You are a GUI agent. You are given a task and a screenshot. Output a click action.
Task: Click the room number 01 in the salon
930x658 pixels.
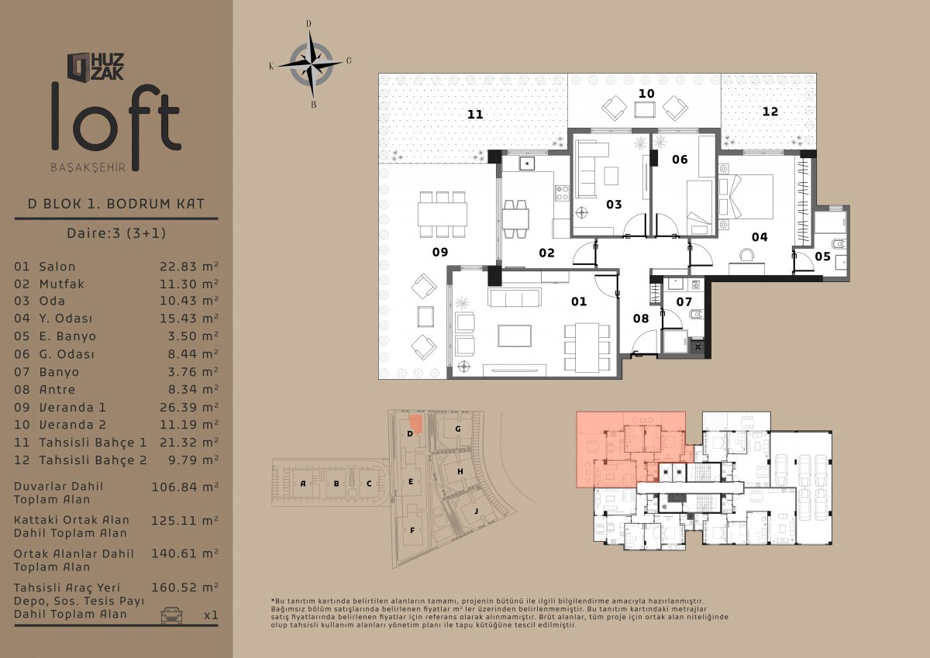click(579, 301)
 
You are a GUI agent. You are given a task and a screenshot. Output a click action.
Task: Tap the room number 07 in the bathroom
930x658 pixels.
click(684, 301)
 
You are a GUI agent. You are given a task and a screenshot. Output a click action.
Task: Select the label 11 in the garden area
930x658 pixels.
click(475, 114)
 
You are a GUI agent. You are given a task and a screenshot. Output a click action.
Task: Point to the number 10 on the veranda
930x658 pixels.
click(646, 94)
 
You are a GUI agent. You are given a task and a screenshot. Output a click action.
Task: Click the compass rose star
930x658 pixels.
click(311, 64)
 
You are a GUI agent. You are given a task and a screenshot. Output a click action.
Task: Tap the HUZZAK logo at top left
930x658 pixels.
click(96, 67)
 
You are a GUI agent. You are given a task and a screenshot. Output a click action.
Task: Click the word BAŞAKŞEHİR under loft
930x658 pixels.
click(88, 167)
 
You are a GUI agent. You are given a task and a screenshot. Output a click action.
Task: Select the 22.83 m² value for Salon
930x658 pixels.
click(189, 266)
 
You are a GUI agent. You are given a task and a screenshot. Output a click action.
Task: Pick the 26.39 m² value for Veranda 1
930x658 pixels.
click(189, 407)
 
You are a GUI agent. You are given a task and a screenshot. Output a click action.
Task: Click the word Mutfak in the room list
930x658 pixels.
click(61, 284)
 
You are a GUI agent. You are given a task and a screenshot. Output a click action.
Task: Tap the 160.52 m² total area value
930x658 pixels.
click(184, 587)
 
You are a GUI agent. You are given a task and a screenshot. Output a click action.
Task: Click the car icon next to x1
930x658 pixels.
click(171, 615)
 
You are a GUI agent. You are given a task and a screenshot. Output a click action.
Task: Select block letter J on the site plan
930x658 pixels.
click(476, 511)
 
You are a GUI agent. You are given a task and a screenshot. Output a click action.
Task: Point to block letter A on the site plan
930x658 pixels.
click(303, 484)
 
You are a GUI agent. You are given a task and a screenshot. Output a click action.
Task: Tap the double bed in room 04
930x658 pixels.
click(746, 197)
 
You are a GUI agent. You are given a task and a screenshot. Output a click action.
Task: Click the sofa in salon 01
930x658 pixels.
click(515, 298)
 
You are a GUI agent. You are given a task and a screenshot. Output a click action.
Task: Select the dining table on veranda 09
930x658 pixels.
click(443, 214)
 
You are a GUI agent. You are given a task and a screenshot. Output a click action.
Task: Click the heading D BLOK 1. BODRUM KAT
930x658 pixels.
click(116, 204)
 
